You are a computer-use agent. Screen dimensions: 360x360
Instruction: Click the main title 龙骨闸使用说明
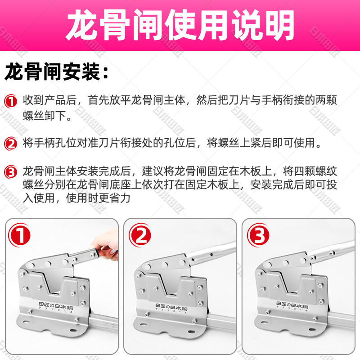[x=180, y=25]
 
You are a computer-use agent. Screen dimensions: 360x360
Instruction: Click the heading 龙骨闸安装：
[x=56, y=72]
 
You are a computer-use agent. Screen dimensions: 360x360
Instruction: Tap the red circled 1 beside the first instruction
[x=10, y=101]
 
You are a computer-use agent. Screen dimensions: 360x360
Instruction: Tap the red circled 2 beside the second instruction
[x=10, y=144]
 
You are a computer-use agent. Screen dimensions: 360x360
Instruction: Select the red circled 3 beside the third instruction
[x=10, y=172]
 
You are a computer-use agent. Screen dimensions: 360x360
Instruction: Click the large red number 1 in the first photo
[x=19, y=235]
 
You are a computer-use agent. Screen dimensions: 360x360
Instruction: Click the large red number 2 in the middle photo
[x=140, y=235]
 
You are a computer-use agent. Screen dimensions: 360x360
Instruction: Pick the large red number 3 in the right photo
[x=258, y=235]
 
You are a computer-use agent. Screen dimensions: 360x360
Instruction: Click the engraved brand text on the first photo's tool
[x=55, y=307]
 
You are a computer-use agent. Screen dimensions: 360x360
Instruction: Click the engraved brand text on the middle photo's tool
[x=171, y=307]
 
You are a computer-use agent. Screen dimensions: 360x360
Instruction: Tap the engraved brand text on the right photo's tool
[x=292, y=306]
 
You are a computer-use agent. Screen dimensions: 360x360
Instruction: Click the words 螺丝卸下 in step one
[x=44, y=116]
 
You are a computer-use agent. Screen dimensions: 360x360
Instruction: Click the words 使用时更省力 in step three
[x=98, y=198]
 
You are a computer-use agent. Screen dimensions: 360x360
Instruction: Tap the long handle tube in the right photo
[x=331, y=251]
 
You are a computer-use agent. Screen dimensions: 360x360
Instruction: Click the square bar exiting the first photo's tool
[x=104, y=320]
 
